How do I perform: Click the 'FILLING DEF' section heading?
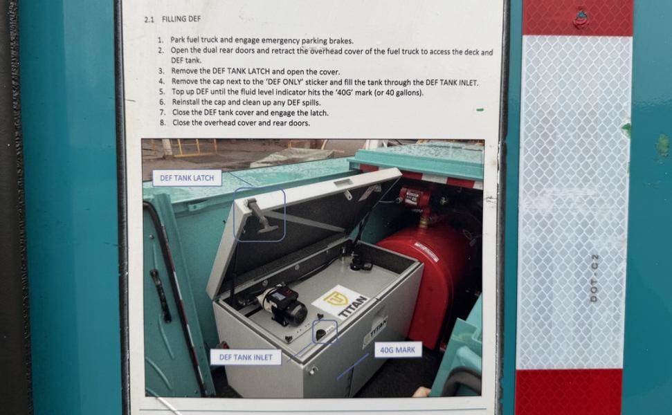point(181,19)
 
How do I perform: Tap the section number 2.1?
point(149,19)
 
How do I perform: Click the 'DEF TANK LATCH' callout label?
point(187,178)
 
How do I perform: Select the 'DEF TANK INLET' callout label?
point(246,357)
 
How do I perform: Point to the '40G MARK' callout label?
point(398,350)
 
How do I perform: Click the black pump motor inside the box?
point(282,306)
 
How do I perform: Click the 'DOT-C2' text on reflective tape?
point(594,278)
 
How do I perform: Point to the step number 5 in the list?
point(161,92)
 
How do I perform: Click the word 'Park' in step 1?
point(178,40)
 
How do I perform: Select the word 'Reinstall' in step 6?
point(185,102)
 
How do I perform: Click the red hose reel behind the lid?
point(415,198)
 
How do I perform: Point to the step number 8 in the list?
point(163,122)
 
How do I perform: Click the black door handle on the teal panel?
point(161,295)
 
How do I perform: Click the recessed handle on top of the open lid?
point(343,183)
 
